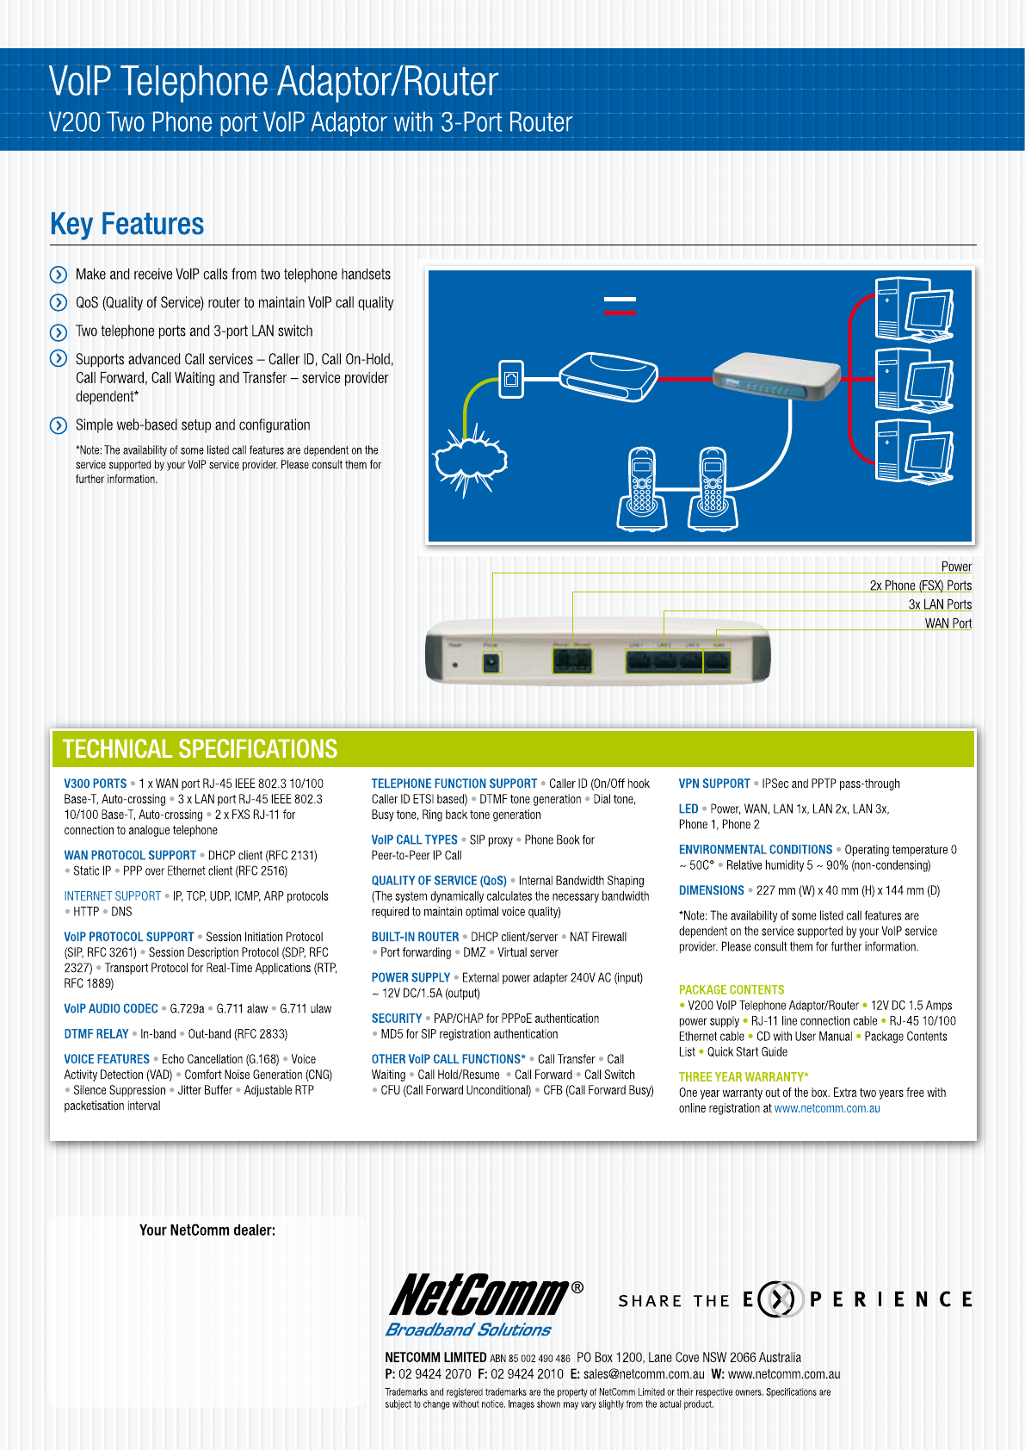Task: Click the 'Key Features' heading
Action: tap(127, 225)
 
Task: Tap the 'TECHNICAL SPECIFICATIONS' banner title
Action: tap(200, 749)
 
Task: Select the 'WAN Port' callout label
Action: tap(948, 623)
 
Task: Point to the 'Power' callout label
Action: tap(956, 567)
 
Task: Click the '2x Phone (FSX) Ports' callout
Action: tap(920, 586)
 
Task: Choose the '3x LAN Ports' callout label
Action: tap(940, 604)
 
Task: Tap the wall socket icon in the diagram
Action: tap(511, 378)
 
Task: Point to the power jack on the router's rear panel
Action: tap(491, 664)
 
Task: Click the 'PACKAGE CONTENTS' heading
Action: tap(732, 990)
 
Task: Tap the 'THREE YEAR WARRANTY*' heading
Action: tap(744, 1077)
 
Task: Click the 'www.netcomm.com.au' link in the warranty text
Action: tap(827, 1109)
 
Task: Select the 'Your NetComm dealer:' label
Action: tap(207, 1230)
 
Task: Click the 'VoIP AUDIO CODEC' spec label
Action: tap(111, 1009)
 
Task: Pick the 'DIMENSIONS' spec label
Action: tap(711, 891)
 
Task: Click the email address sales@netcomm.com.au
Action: tap(644, 1374)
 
